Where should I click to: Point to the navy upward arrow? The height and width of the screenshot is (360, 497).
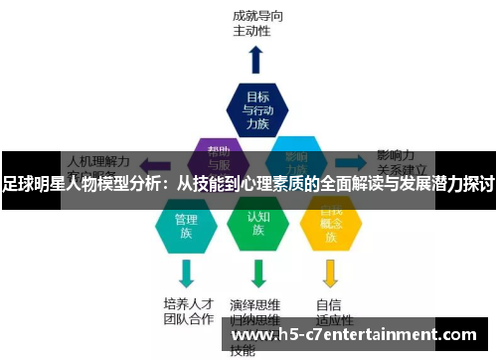(x=256, y=59)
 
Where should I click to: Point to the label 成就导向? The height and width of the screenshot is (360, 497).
(x=255, y=16)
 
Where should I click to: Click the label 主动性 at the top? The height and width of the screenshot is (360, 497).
(x=251, y=31)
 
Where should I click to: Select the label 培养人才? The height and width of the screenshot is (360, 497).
(x=188, y=303)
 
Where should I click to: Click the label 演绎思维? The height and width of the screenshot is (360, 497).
(x=254, y=304)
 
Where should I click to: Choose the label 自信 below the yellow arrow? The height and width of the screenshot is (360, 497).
(x=329, y=304)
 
